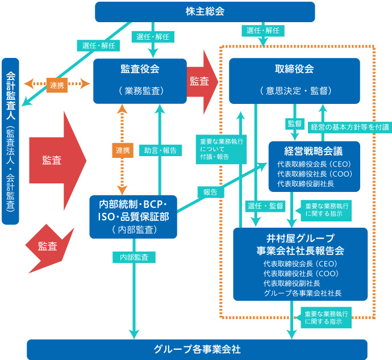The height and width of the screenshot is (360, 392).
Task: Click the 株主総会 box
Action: [205, 12]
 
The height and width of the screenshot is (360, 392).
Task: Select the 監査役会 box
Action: [140, 81]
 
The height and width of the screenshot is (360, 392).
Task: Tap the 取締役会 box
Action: [294, 81]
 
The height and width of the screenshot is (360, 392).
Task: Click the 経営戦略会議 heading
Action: [314, 151]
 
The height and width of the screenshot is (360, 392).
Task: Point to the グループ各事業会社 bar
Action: [197, 349]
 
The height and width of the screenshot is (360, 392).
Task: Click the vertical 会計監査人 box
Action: [10, 141]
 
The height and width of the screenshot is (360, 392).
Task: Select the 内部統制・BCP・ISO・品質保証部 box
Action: [134, 217]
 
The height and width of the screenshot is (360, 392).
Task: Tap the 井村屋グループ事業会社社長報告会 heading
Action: [301, 245]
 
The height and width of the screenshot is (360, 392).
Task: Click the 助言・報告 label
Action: [160, 150]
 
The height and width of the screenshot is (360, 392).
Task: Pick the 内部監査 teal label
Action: [134, 257]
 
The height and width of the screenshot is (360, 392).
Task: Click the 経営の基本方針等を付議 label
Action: [350, 127]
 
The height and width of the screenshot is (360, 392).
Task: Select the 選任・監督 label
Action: [265, 206]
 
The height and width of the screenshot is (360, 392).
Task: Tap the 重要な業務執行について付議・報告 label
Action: [221, 149]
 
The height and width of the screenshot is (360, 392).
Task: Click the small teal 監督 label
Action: [295, 123]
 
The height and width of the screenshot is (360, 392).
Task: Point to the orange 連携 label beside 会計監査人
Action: [57, 85]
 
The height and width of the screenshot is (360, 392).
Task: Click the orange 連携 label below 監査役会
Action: [123, 150]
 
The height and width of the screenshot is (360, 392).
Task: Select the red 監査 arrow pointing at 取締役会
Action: [202, 82]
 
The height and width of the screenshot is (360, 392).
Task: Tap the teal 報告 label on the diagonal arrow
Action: [211, 192]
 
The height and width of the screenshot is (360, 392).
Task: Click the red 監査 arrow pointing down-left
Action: [49, 248]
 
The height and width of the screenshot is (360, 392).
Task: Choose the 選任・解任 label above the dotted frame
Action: [263, 31]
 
